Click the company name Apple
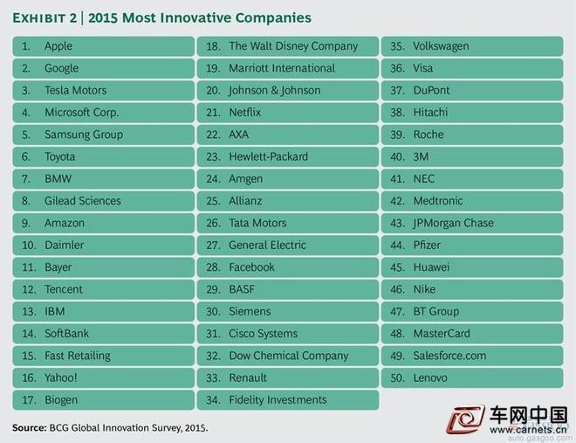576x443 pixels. (x=58, y=46)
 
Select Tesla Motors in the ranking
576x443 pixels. (x=76, y=91)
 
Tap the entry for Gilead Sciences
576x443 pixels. (x=83, y=201)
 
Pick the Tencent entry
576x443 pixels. (x=64, y=289)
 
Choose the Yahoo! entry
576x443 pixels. (x=61, y=377)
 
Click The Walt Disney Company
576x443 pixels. (x=293, y=46)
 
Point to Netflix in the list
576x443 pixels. (x=245, y=113)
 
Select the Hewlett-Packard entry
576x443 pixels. (x=269, y=156)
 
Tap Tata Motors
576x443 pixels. (x=257, y=223)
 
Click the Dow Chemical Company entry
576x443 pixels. (x=289, y=356)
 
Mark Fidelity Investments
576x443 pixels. (x=278, y=400)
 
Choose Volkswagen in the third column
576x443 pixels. (x=442, y=46)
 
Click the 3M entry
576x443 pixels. (x=421, y=157)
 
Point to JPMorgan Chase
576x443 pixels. (x=453, y=223)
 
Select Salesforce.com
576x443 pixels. (x=449, y=356)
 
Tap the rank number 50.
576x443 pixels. (x=397, y=378)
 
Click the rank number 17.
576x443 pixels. (x=29, y=400)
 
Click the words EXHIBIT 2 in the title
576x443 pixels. (x=45, y=18)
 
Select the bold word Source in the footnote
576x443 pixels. (x=30, y=428)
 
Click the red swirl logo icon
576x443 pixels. (x=465, y=419)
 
